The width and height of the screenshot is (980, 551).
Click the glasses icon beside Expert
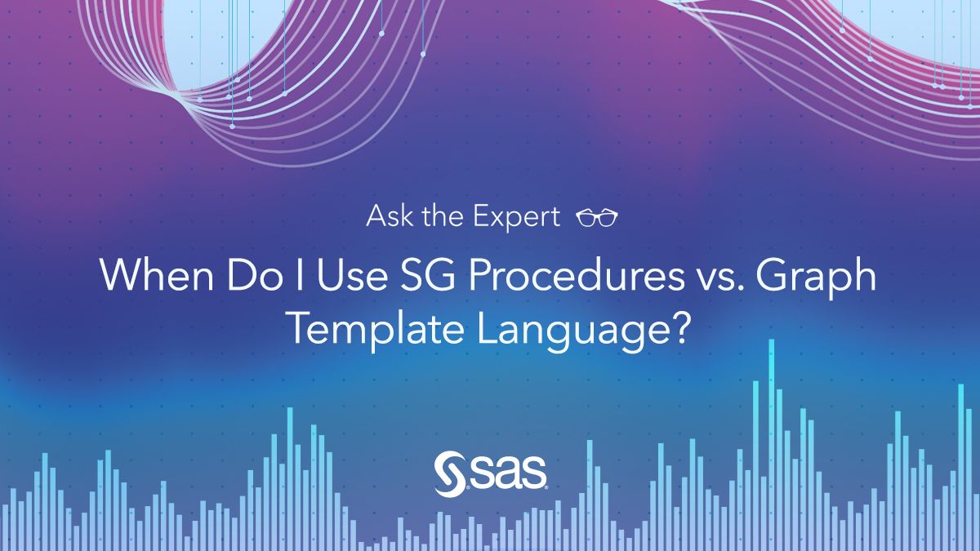[x=597, y=218]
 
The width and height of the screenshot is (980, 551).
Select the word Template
[x=376, y=331]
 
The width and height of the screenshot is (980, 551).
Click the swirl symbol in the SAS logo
[x=451, y=474]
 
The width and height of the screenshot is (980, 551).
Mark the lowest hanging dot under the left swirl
[x=232, y=127]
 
